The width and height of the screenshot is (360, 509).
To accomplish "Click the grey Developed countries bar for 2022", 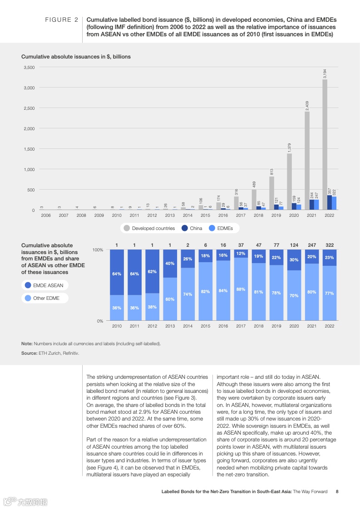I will tap(325, 145).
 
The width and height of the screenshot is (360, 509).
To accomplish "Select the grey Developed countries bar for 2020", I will tap(289, 181).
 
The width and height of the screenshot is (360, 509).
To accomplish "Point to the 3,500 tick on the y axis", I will tap(29, 67).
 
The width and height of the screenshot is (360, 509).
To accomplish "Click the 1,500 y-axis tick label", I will tap(29, 149).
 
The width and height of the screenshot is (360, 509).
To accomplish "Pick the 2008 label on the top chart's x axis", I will tap(81, 215).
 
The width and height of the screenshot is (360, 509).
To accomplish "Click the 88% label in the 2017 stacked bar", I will tap(241, 289).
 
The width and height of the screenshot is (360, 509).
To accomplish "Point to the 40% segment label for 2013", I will tap(170, 264).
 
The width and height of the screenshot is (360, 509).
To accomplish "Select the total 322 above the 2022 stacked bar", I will tap(330, 245).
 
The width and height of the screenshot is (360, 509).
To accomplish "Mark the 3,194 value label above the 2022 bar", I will tap(325, 73).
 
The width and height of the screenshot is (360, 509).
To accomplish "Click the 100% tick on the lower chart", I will tap(98, 250).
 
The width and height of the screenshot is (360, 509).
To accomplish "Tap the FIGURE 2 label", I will tap(61, 20).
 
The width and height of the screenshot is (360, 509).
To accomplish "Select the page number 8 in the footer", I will tap(336, 491).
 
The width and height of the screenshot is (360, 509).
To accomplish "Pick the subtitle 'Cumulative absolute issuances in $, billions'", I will tap(76, 57).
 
